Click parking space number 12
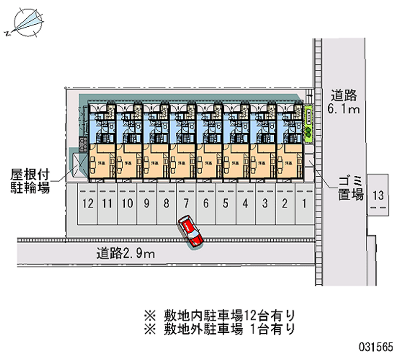coord(88,203)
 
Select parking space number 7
coord(186,203)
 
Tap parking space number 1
coord(304,203)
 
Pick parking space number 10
coord(127,203)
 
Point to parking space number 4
coord(245,203)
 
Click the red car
coord(191,231)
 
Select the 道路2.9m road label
coord(126,255)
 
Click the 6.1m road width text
coord(345,109)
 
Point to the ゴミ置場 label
coord(351,187)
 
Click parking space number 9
coord(147,203)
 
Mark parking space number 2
coord(285,203)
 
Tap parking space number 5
coord(225,203)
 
